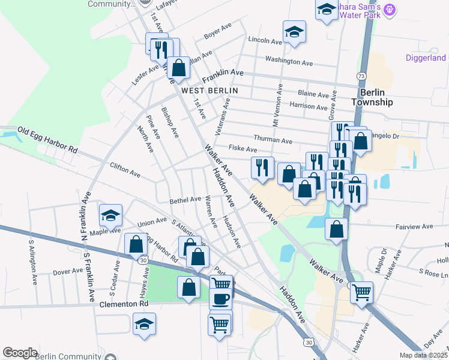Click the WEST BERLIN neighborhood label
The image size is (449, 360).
(209, 91)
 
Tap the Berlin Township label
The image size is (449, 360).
(376, 97)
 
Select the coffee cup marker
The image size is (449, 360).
(220, 298)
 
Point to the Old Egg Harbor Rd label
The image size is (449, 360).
(48, 139)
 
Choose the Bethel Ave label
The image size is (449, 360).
(185, 199)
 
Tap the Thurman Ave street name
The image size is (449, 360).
(273, 140)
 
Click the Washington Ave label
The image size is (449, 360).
(289, 61)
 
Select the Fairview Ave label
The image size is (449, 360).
(414, 227)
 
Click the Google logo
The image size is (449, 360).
(20, 353)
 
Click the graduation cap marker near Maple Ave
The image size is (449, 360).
(110, 215)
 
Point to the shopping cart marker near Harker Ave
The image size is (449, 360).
(361, 292)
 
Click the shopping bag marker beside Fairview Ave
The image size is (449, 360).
(337, 229)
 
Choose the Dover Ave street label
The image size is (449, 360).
(67, 271)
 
